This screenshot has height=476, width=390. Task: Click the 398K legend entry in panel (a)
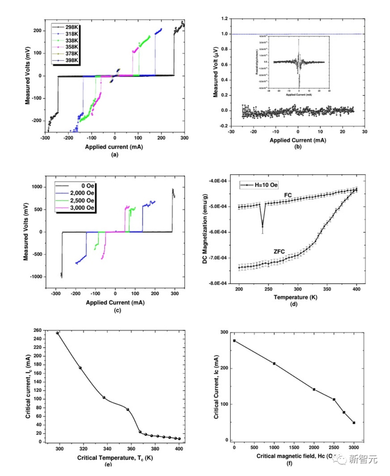(68, 60)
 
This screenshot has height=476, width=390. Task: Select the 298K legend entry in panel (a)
(68, 27)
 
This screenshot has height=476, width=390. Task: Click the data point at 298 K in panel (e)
(57, 333)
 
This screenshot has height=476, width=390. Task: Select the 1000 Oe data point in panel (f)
(274, 364)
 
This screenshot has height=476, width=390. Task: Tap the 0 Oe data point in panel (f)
(235, 341)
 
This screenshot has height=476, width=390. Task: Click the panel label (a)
(115, 155)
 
